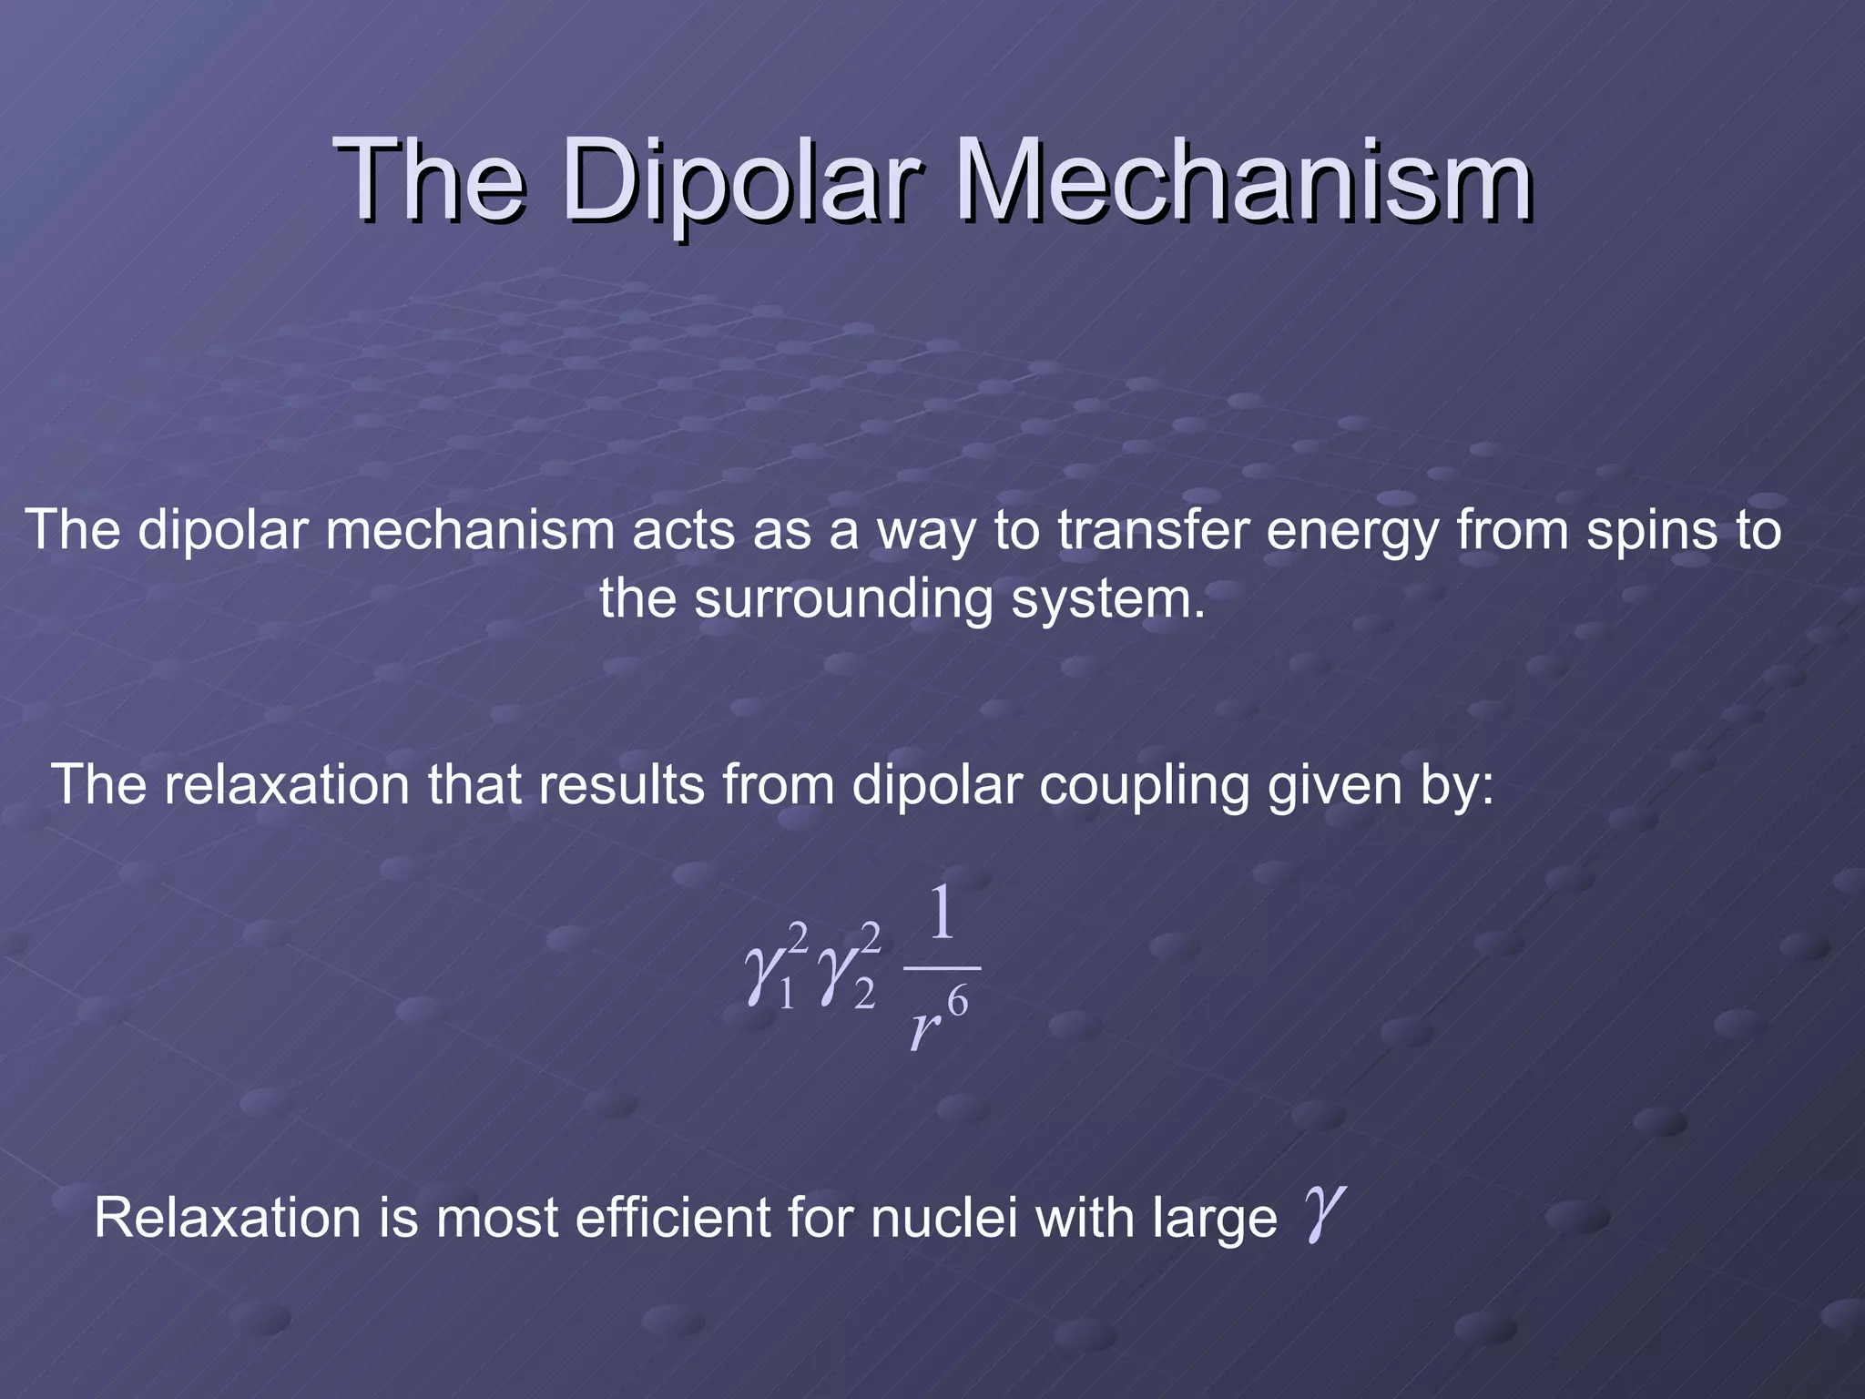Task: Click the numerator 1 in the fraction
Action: (942, 915)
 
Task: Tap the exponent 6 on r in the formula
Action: (957, 1002)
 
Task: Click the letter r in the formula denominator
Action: (923, 1030)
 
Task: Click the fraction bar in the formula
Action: (942, 968)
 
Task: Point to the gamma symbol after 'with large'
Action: (1321, 1213)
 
